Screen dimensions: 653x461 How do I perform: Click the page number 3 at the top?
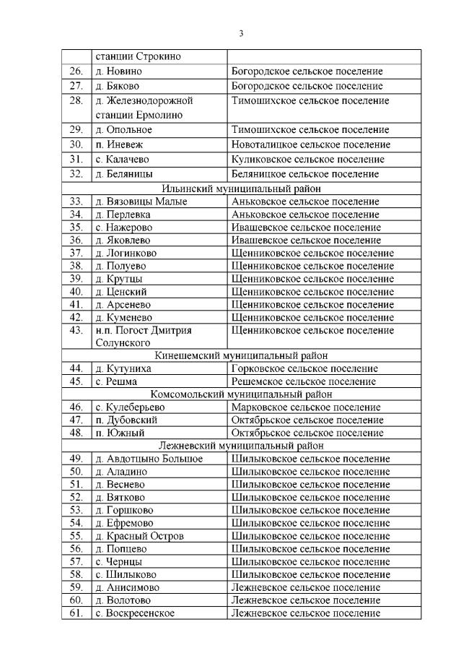point(241,33)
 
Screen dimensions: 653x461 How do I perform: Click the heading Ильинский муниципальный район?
point(241,189)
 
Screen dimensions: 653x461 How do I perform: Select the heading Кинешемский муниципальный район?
point(241,355)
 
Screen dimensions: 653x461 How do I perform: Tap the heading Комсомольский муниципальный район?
point(241,394)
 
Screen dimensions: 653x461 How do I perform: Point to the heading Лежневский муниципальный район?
point(241,446)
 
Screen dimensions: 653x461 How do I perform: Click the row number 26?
point(76,72)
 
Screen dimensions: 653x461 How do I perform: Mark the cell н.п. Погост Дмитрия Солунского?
point(144,336)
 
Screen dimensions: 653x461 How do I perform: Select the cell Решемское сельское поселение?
point(303,381)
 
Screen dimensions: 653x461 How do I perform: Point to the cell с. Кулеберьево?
point(129,407)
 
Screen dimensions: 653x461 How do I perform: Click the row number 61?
point(76,613)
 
